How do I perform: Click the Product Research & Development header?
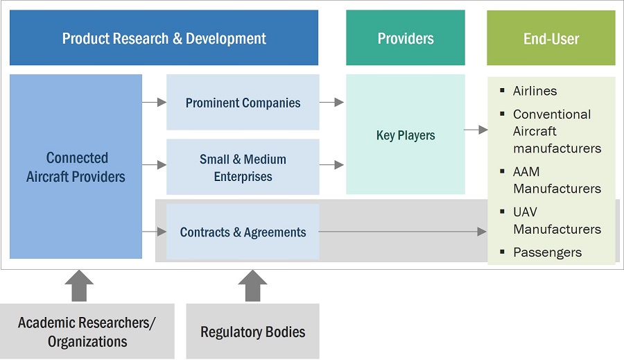[164, 38]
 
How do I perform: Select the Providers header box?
[406, 38]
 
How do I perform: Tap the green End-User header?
[551, 38]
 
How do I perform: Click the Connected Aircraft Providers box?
[76, 167]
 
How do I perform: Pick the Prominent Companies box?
[243, 103]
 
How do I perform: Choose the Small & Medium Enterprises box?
[243, 167]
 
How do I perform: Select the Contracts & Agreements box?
[243, 232]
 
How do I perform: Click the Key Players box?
[406, 135]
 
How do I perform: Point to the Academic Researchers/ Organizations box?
[87, 332]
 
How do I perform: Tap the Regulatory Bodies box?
[252, 332]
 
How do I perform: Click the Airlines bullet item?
[535, 91]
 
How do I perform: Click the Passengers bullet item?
[546, 252]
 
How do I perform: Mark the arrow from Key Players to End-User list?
[476, 130]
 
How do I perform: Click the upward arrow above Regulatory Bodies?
[252, 286]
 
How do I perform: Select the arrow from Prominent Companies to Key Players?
[331, 103]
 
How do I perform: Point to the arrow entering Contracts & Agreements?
[154, 232]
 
